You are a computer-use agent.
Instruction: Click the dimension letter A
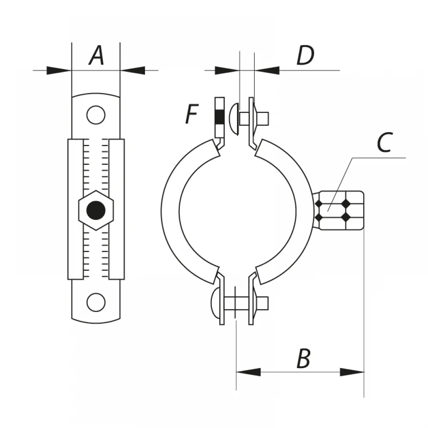(x=96, y=55)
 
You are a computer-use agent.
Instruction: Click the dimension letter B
(x=303, y=358)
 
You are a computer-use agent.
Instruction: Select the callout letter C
(x=385, y=142)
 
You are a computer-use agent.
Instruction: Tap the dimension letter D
(x=306, y=55)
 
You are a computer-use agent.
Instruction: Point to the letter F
(x=192, y=114)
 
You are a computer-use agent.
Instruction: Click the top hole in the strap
(x=96, y=115)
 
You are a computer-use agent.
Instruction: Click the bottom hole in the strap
(x=96, y=303)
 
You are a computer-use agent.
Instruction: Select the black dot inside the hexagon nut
(x=96, y=211)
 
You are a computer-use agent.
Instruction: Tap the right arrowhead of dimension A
(x=133, y=71)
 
